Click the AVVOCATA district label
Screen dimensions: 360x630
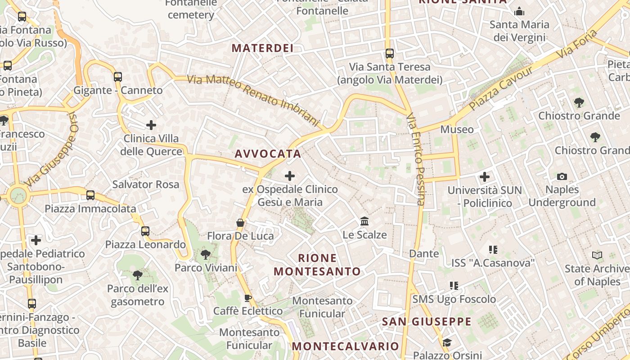(x=268, y=154)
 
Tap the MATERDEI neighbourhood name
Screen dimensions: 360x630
(x=262, y=48)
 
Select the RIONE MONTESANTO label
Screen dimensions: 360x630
(x=317, y=265)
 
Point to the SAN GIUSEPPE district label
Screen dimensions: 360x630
(x=427, y=322)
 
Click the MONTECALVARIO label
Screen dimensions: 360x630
(x=346, y=346)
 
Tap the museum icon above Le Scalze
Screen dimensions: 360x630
(x=364, y=221)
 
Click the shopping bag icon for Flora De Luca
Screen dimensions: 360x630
(x=240, y=223)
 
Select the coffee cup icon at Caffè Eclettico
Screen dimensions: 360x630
(x=247, y=298)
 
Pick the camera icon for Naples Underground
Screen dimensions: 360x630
(x=562, y=176)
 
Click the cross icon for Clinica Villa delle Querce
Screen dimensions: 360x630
(x=151, y=125)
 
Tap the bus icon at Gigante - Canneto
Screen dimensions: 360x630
(x=118, y=77)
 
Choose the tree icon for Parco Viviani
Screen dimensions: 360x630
(x=206, y=255)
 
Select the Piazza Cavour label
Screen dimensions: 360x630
(x=500, y=89)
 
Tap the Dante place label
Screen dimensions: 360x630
(x=424, y=254)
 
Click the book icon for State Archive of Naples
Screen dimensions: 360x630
(x=597, y=256)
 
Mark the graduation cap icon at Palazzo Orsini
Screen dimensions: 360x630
(x=447, y=343)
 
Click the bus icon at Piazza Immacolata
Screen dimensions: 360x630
(x=90, y=195)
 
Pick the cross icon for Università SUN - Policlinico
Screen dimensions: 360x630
(x=485, y=177)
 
